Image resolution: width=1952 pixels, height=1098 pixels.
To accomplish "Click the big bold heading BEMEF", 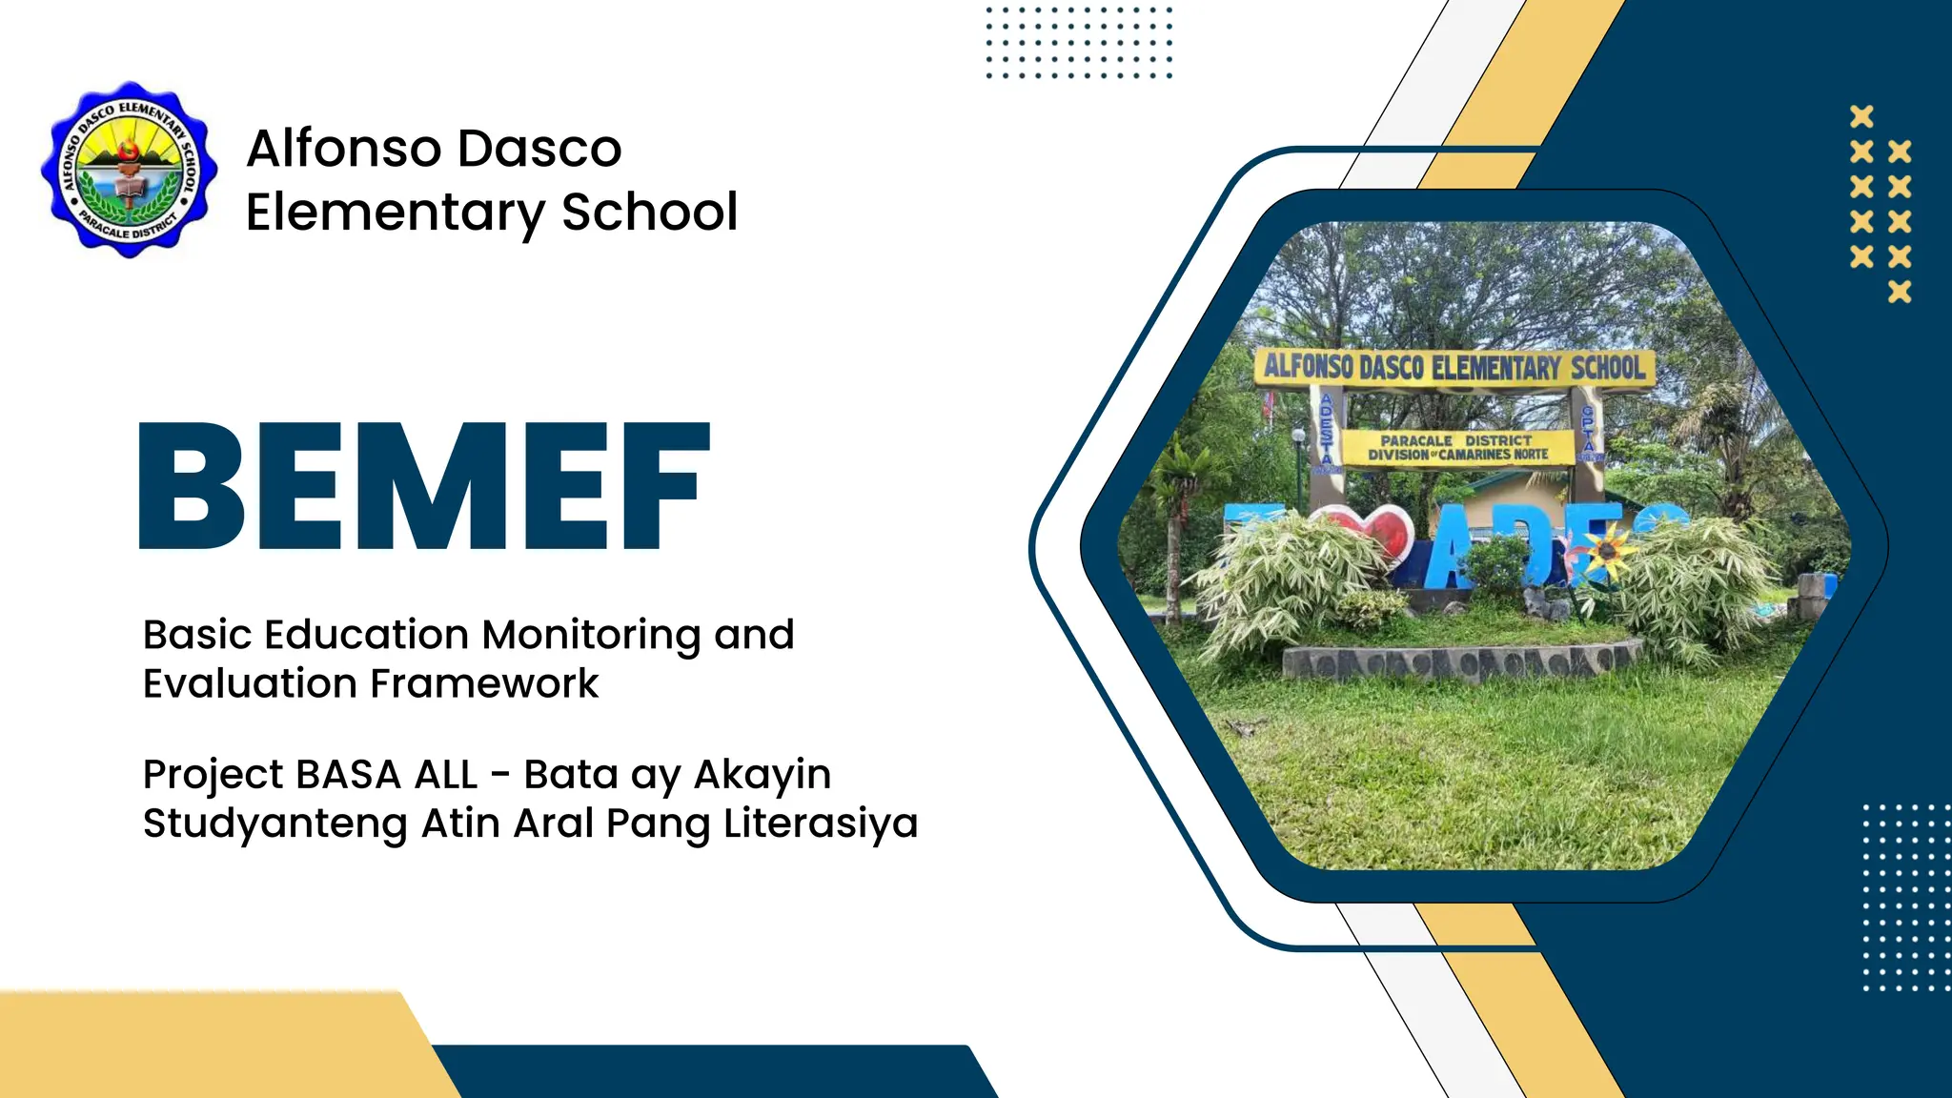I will pyautogui.click(x=425, y=486).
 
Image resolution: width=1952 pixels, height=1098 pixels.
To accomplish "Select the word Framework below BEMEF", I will pyautogui.click(x=484, y=683).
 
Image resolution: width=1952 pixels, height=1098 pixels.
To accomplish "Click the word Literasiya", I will pyautogui.click(x=820, y=823).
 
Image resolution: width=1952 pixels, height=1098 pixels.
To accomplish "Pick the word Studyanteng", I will pyautogui.click(x=275, y=823).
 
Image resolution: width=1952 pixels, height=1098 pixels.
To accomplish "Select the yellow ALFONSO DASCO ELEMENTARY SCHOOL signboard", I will pyautogui.click(x=1453, y=368).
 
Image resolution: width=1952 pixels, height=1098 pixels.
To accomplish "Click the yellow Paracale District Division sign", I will pyautogui.click(x=1458, y=447).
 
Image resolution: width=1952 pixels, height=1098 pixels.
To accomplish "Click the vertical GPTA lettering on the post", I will pyautogui.click(x=1588, y=431).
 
